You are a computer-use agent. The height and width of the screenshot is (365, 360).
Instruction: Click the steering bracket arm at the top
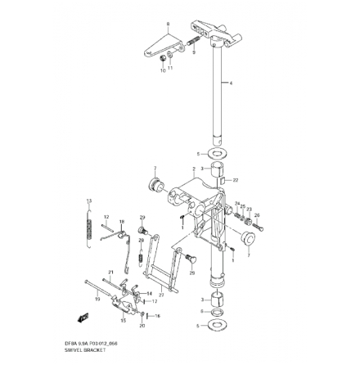click(214, 34)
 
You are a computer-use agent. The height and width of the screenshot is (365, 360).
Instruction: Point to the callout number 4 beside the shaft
click(232, 83)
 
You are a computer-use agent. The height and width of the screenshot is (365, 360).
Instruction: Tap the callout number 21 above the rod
click(110, 272)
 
